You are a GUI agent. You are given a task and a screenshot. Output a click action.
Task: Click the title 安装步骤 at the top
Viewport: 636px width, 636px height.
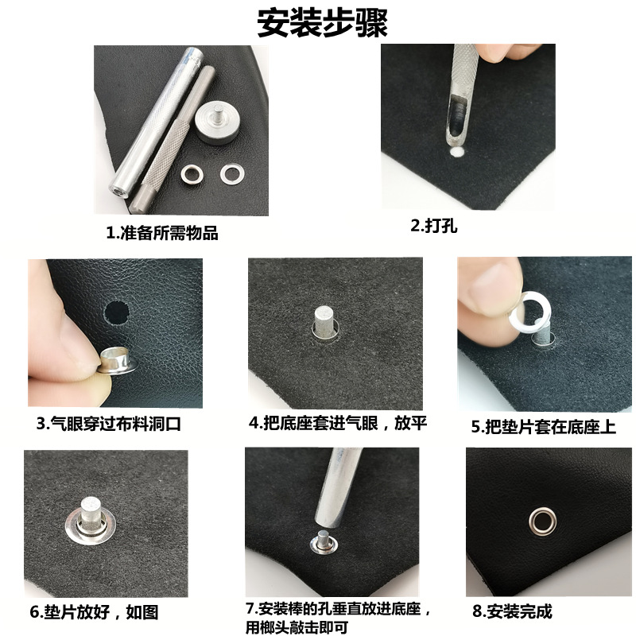pyautogui.click(x=323, y=23)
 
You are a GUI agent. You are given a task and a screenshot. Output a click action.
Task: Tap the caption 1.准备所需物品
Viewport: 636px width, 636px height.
pyautogui.click(x=162, y=233)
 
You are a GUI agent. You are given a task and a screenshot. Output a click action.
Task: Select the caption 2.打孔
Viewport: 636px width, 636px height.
pyautogui.click(x=434, y=225)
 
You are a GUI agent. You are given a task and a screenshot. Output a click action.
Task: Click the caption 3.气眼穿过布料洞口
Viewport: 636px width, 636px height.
pyautogui.click(x=109, y=424)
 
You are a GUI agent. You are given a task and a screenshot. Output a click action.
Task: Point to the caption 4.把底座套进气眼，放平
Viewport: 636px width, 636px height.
pyautogui.click(x=338, y=423)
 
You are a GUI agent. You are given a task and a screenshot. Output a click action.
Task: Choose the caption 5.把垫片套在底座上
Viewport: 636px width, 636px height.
pyautogui.click(x=544, y=427)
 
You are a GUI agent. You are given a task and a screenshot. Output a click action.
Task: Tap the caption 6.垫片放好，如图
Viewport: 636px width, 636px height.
pyautogui.click(x=94, y=611)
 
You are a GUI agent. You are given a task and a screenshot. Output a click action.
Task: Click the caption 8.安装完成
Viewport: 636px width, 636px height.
pyautogui.click(x=512, y=611)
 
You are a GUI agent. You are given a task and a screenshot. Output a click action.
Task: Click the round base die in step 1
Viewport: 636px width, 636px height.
pyautogui.click(x=215, y=123)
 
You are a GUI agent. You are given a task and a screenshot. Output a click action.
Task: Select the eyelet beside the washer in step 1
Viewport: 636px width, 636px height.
pyautogui.click(x=192, y=174)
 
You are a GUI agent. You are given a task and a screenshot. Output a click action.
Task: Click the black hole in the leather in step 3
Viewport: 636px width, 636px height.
pyautogui.click(x=117, y=312)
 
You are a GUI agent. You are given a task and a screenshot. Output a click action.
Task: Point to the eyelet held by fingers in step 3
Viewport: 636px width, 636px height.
pyautogui.click(x=118, y=360)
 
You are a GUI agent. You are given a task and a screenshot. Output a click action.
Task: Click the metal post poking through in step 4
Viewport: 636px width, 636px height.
pyautogui.click(x=325, y=320)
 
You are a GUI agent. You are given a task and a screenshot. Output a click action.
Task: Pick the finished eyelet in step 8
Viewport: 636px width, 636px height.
pyautogui.click(x=543, y=522)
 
